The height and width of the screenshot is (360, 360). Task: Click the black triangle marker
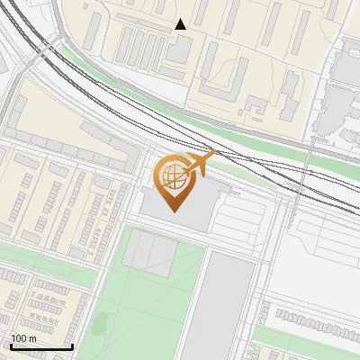point(181,24)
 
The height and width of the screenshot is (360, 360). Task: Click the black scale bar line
point(41,346)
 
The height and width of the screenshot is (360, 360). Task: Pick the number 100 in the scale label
point(18,338)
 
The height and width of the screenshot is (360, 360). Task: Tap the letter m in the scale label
point(31,338)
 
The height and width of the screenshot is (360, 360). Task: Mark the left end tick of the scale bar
point(11,345)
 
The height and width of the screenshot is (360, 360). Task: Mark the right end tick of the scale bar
point(72,345)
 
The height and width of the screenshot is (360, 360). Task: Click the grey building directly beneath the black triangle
point(180,49)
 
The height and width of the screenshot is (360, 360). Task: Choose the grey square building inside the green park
point(149,253)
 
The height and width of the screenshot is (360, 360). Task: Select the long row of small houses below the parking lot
point(315,319)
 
